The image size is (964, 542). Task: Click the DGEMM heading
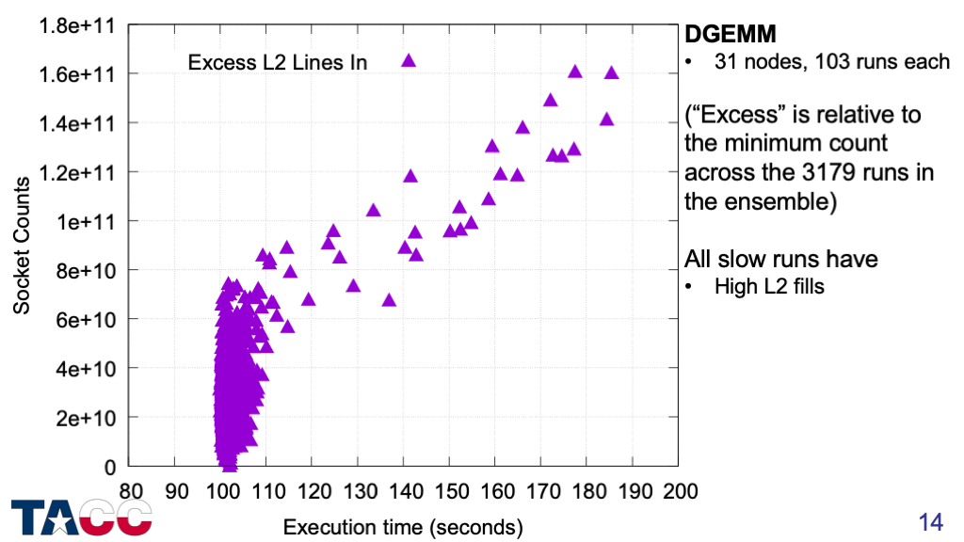[730, 35]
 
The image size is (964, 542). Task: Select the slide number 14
[930, 521]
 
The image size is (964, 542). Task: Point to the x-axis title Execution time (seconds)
[403, 526]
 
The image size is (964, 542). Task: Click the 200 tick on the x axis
[679, 490]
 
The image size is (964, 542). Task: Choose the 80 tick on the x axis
[130, 490]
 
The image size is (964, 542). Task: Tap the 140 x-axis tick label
[404, 490]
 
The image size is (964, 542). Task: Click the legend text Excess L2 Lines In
[278, 63]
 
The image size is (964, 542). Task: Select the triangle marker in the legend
[409, 61]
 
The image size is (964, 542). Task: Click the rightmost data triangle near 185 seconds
[611, 73]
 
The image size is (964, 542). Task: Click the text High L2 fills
[769, 286]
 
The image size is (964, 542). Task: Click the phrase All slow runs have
[781, 258]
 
